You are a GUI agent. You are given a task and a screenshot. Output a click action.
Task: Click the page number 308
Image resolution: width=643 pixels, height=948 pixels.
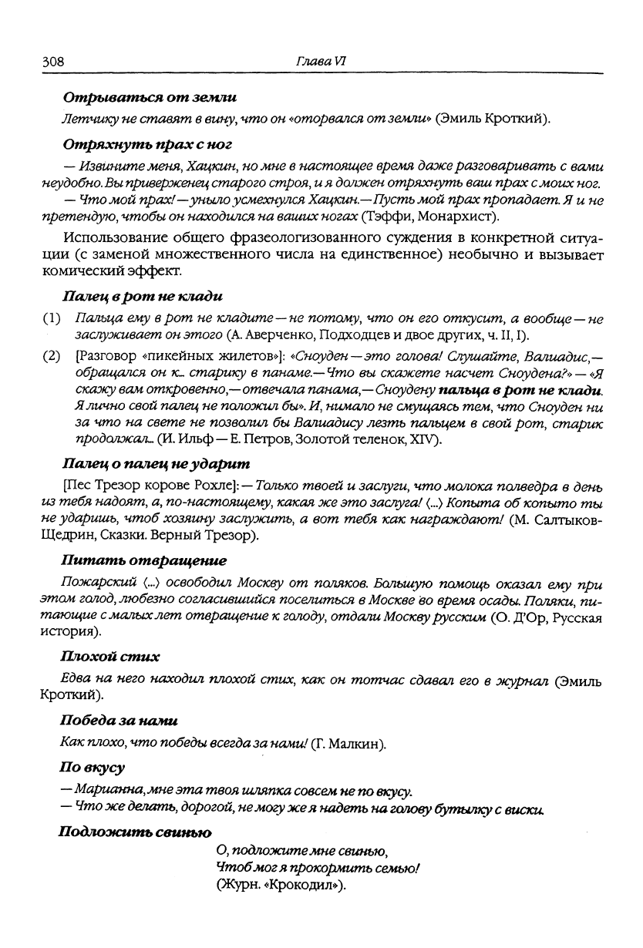coord(53,61)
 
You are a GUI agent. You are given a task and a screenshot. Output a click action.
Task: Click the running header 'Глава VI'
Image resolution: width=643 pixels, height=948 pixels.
coord(320,61)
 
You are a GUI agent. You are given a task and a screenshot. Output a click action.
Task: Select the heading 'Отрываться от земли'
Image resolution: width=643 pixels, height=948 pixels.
coord(150,98)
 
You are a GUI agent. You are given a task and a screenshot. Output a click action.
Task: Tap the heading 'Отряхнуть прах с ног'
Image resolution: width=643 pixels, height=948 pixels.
coord(147,143)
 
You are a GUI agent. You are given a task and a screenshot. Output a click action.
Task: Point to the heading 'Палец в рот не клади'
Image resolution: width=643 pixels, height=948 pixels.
coord(143,296)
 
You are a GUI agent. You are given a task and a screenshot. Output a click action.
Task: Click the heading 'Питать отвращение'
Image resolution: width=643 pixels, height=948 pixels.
coord(144,560)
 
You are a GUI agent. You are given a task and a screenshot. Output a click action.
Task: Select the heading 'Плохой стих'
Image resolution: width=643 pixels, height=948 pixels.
coord(110,657)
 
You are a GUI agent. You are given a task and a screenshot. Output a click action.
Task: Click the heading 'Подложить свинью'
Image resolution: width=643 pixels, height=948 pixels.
coord(135,832)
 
